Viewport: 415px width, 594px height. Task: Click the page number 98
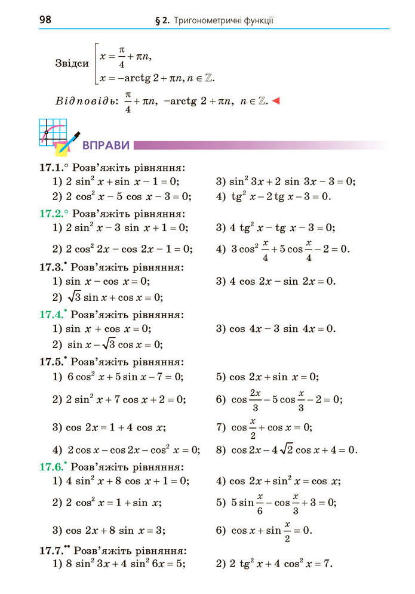[x=46, y=20]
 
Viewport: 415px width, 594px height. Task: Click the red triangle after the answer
[x=276, y=101]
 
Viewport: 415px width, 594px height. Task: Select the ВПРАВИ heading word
[x=106, y=145]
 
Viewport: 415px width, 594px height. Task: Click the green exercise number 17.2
[x=51, y=213]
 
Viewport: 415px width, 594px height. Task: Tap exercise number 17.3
[x=51, y=267]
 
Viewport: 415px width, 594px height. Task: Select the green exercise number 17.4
[x=51, y=314]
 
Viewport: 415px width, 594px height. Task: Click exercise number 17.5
[x=51, y=361]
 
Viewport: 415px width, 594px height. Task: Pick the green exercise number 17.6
[x=51, y=466]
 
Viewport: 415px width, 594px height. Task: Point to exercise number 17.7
[x=51, y=550]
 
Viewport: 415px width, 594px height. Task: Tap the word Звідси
[x=72, y=63]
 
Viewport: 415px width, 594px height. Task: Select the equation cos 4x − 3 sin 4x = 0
[x=282, y=328]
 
